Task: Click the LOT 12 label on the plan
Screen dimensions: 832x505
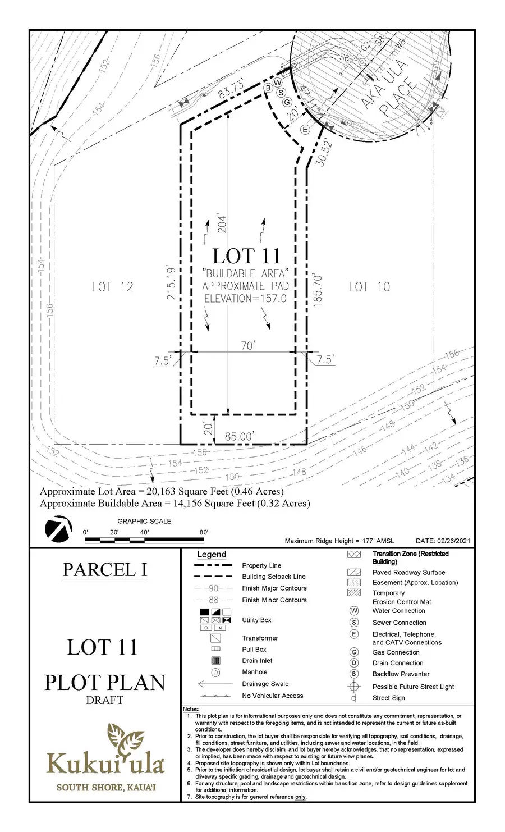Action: (x=112, y=287)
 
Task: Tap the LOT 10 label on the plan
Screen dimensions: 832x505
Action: (x=369, y=287)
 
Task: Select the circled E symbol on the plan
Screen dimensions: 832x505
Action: (x=305, y=129)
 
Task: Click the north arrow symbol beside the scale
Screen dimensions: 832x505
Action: (x=58, y=529)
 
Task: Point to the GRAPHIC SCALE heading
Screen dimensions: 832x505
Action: (x=144, y=521)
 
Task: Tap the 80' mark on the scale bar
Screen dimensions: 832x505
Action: (x=203, y=532)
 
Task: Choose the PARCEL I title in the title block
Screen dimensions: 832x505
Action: (x=105, y=569)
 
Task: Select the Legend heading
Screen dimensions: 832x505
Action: (x=212, y=555)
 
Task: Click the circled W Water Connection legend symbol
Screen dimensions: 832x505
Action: (x=353, y=611)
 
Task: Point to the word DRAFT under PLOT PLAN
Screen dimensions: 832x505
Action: (x=104, y=700)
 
